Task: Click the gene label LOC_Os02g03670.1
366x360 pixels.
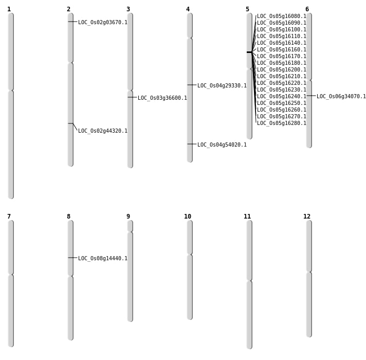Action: coord(103,23)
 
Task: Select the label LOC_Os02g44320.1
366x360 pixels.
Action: coord(103,131)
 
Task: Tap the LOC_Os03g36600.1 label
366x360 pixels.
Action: coord(162,98)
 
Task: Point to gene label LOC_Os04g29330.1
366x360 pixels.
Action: coord(222,86)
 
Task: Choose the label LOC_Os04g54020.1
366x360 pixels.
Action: coord(222,145)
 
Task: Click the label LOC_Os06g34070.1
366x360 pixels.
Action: coord(341,96)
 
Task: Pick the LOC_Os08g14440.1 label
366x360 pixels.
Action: coord(103,259)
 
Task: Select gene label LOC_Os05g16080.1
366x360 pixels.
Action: coord(282,16)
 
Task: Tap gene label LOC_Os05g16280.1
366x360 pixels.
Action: coord(282,123)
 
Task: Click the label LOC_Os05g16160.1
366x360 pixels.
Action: coord(282,49)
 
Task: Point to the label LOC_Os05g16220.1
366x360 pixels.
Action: coord(282,83)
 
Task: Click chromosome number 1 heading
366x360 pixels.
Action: coord(9,9)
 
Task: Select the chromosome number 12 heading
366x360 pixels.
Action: coord(307,217)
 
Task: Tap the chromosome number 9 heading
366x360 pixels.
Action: coord(128,217)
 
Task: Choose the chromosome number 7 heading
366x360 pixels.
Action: coord(9,217)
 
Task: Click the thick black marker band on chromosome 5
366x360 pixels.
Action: coord(249,52)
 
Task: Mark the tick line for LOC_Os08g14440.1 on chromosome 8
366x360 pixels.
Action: coord(72,258)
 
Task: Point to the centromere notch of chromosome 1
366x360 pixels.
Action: coord(11,90)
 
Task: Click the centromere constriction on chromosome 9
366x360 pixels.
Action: coord(130,232)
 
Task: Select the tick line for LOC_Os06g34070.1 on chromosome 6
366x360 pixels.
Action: coord(311,96)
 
